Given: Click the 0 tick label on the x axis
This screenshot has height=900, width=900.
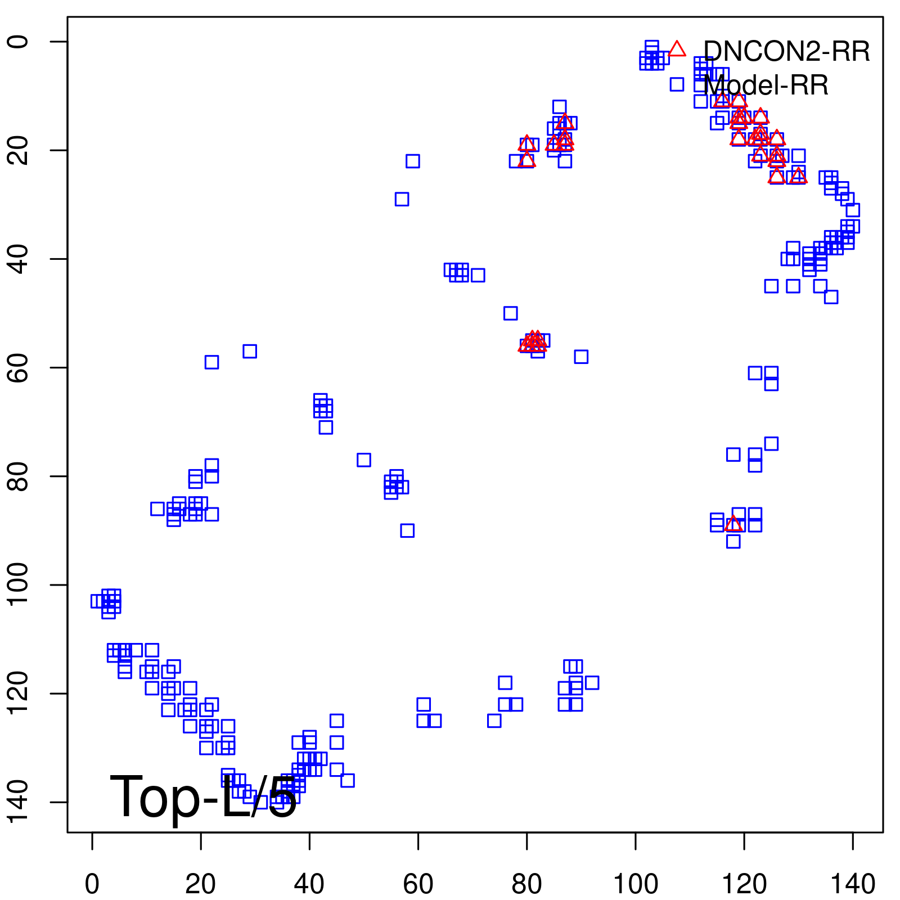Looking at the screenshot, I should [x=92, y=884].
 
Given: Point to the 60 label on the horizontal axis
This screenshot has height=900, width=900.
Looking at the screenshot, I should [x=418, y=884].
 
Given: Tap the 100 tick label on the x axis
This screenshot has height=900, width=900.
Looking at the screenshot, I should [x=635, y=884].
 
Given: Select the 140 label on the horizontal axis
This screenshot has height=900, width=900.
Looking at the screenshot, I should [x=852, y=884].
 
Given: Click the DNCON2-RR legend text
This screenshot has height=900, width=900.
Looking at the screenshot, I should [x=786, y=52].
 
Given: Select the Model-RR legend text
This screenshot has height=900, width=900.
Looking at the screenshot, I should [x=766, y=85].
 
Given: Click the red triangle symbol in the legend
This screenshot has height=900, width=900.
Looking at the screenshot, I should [x=677, y=49].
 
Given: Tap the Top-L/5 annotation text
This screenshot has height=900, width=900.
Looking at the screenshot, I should [x=203, y=796].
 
